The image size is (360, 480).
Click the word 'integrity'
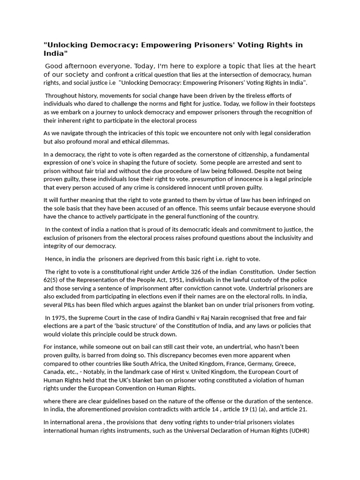[58, 246]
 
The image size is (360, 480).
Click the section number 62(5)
[52, 280]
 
